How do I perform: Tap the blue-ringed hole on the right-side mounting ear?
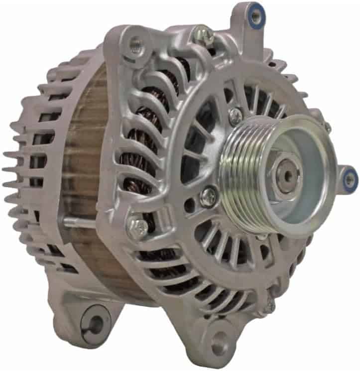(x=350, y=178)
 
